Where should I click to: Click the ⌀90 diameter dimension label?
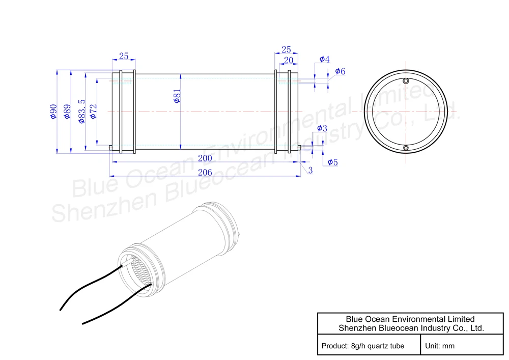(53, 112)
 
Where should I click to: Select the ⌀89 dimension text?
(67, 112)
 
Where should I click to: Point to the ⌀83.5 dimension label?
(82, 112)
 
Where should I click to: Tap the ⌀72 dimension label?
(94, 112)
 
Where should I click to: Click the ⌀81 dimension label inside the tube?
(177, 96)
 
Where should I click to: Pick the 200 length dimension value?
(205, 158)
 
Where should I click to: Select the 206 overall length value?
(205, 173)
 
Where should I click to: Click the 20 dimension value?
(288, 61)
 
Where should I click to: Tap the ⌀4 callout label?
(325, 59)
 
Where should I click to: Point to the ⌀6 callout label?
(340, 71)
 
